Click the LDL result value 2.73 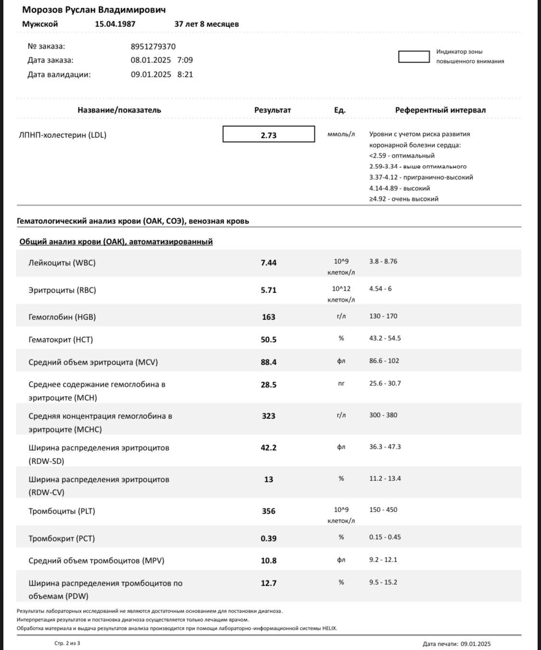click(268, 135)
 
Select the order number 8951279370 click(153, 47)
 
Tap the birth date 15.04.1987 click(115, 24)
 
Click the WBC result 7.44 click(268, 263)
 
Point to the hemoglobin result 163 click(268, 317)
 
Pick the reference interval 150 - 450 click(383, 510)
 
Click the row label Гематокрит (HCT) click(61, 340)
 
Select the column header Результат click(273, 110)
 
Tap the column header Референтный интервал click(440, 110)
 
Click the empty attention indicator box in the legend click(414, 57)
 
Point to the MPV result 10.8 click(268, 561)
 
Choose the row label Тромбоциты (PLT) click(62, 511)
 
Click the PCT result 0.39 click(268, 539)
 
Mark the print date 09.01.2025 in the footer click(476, 644)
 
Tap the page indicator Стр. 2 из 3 click(67, 643)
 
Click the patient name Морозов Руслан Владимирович click(94, 10)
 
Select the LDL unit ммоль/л click(341, 135)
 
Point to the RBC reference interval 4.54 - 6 click(380, 289)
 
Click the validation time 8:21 click(185, 74)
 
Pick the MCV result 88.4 click(268, 362)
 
